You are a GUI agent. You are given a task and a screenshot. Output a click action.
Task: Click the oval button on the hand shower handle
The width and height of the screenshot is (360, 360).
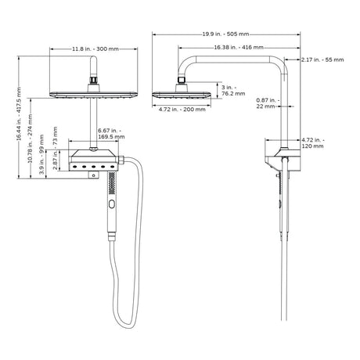click(111, 204)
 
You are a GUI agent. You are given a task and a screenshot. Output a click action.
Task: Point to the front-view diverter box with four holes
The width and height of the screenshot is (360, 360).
click(94, 164)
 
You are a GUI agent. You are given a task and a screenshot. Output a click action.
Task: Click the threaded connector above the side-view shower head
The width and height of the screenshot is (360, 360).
click(184, 79)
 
